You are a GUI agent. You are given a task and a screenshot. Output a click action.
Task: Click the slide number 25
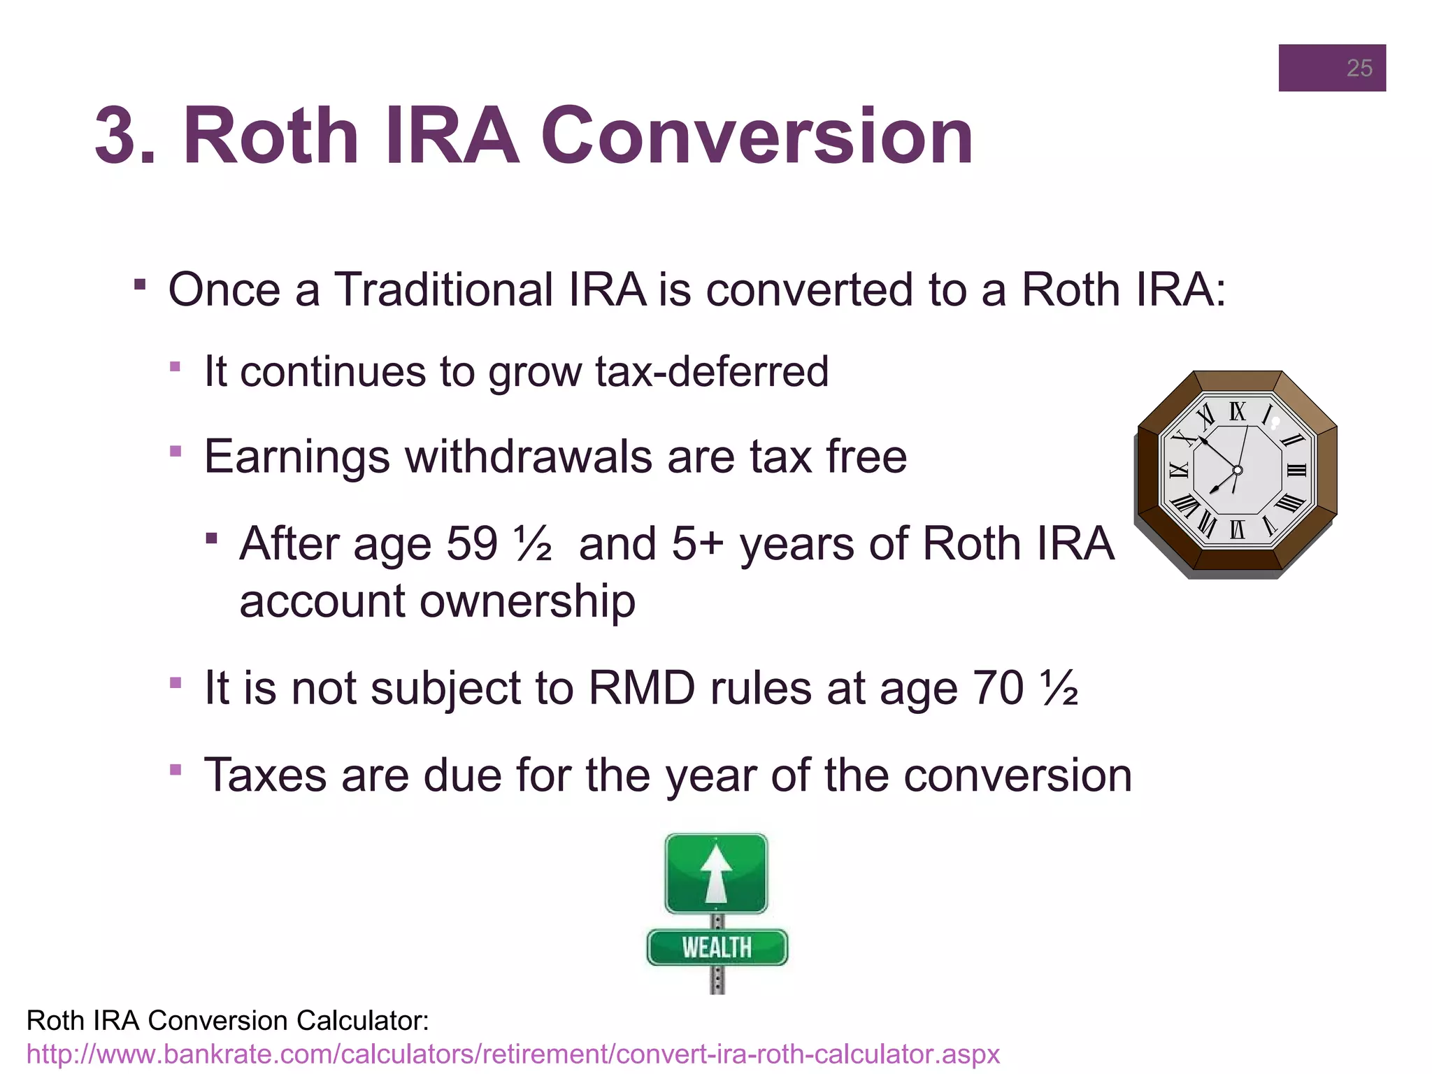click(x=1359, y=68)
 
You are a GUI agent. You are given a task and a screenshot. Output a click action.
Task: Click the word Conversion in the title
click(x=757, y=136)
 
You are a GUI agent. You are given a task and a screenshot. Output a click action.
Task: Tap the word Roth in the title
click(x=271, y=136)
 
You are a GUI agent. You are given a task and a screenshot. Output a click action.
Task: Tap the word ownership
click(x=527, y=601)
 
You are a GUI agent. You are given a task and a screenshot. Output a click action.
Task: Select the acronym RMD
click(x=641, y=688)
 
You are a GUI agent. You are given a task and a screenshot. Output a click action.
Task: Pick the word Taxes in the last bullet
click(x=265, y=775)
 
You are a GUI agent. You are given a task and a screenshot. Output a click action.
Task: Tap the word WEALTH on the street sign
click(x=717, y=948)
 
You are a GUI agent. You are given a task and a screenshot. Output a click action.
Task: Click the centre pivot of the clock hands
click(x=1237, y=470)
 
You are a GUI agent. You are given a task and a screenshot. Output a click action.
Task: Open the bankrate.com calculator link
click(x=513, y=1054)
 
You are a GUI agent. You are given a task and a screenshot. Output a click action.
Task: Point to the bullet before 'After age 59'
click(x=212, y=538)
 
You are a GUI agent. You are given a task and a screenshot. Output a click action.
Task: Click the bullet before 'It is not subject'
click(x=176, y=682)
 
